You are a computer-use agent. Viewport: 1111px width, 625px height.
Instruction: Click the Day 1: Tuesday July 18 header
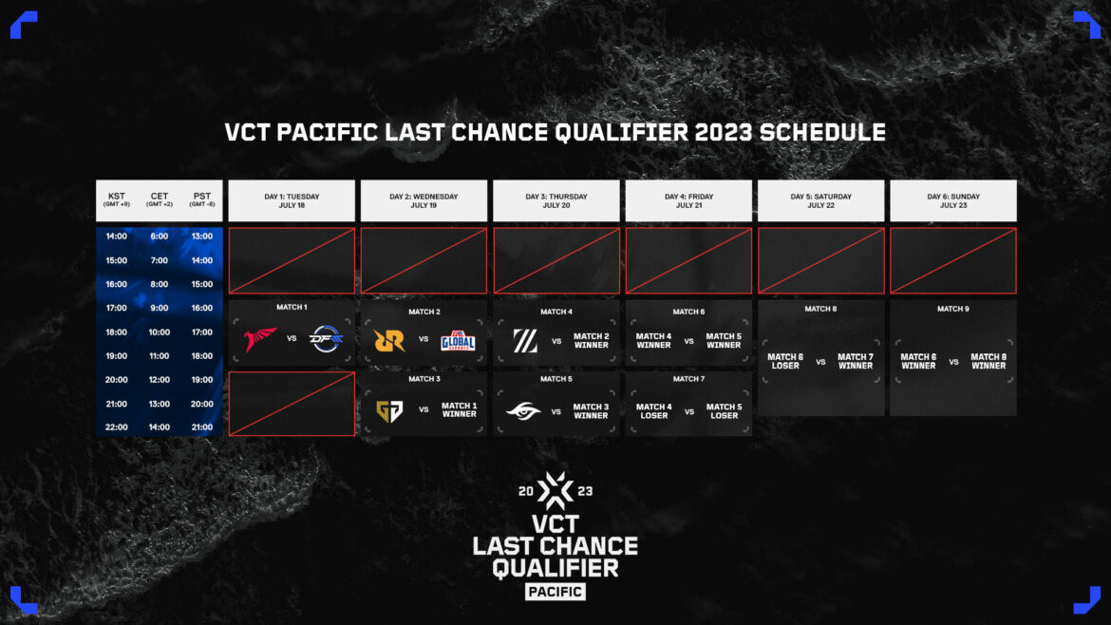click(292, 200)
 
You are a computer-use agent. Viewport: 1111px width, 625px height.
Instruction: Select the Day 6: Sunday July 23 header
click(952, 200)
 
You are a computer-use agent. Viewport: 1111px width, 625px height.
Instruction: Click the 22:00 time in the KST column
click(116, 427)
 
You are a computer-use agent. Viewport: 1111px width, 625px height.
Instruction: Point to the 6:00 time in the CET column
click(159, 237)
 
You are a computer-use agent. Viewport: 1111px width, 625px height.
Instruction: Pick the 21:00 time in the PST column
click(201, 427)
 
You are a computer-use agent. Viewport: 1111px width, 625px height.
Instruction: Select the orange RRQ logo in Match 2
click(389, 340)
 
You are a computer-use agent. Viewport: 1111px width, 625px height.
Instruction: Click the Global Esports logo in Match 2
click(458, 340)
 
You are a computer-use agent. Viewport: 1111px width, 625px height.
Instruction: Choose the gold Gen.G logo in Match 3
click(389, 411)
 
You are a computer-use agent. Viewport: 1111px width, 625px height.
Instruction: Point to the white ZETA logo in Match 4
click(525, 341)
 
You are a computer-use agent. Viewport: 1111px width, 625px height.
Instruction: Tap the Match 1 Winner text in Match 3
click(459, 410)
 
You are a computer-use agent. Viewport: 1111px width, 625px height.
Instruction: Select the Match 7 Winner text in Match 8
click(855, 361)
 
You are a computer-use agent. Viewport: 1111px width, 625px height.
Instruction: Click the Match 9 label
click(952, 309)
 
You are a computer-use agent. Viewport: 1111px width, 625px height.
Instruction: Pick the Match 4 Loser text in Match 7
click(653, 411)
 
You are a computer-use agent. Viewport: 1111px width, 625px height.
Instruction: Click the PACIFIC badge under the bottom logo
click(555, 592)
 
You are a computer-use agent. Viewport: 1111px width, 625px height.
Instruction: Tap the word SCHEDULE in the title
click(822, 132)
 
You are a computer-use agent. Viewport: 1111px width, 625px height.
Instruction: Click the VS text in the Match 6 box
click(688, 341)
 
